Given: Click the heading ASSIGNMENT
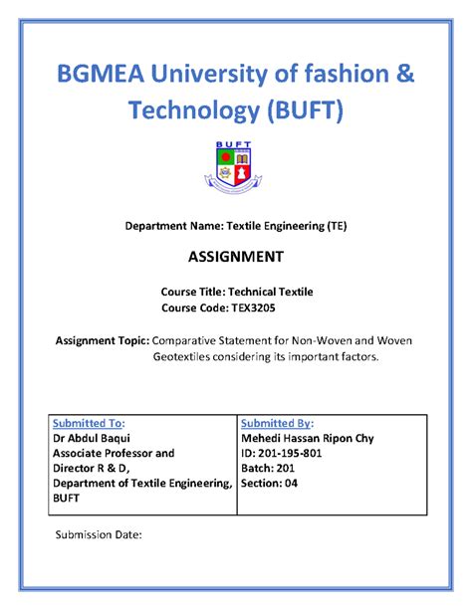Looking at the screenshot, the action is [236, 257].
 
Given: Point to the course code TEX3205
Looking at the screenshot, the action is [287, 309].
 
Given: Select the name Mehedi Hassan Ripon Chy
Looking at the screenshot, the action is [307, 437].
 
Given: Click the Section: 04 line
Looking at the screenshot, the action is [270, 485].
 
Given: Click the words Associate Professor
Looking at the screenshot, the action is [113, 453].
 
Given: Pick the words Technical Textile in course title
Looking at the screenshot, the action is [271, 293].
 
